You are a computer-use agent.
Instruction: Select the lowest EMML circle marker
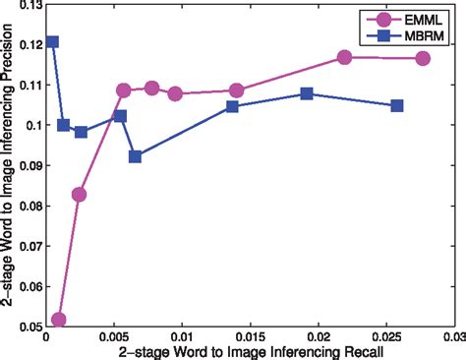coord(58,320)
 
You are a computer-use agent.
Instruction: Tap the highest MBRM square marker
coord(51,42)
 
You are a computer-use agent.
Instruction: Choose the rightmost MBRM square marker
coord(397,105)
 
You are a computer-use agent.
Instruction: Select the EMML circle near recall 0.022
coord(345,58)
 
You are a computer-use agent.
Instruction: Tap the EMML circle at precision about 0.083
coord(79,194)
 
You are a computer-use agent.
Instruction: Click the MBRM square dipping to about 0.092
coord(136,156)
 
